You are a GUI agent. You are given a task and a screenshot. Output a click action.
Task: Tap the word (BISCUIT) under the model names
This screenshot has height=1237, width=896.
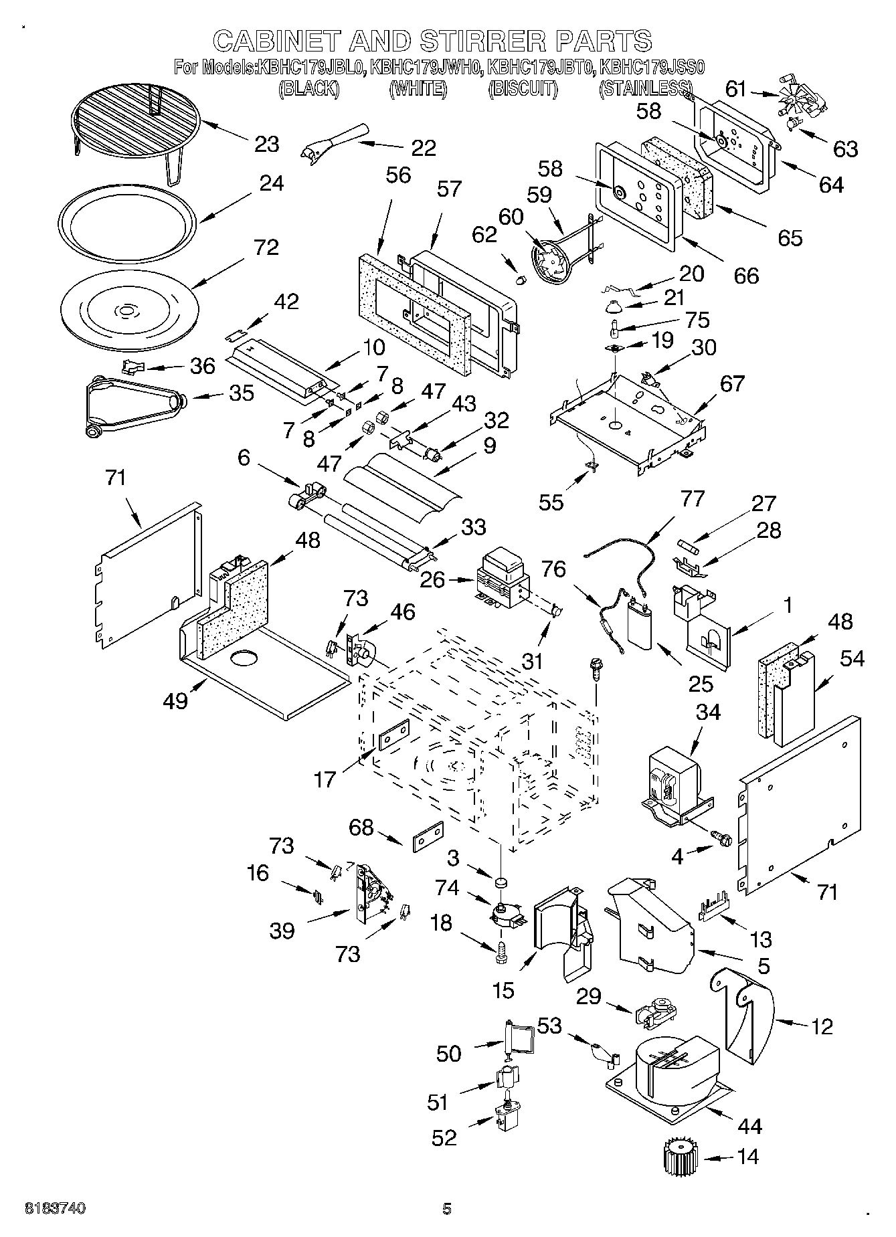click(x=523, y=88)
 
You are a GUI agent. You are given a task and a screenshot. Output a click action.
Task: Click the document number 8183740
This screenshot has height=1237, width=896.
click(x=55, y=1208)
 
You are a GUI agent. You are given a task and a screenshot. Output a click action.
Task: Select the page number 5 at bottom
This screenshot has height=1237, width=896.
click(x=446, y=1208)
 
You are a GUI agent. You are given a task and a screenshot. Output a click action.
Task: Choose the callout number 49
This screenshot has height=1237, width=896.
click(x=176, y=700)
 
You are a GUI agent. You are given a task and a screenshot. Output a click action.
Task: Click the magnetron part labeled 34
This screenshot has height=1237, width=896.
click(x=676, y=779)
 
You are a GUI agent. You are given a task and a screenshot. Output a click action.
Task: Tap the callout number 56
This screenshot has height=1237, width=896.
click(x=398, y=175)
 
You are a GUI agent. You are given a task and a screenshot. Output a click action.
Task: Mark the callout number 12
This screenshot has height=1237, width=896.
click(x=822, y=1026)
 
